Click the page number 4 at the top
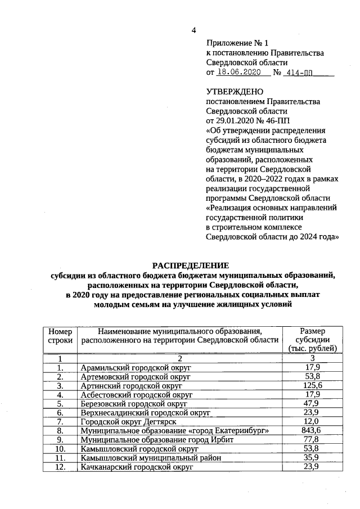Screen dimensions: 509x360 point(194,30)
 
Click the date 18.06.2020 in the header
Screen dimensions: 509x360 point(239,73)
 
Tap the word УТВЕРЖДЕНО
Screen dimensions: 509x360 point(235,92)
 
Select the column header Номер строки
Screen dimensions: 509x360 point(60,336)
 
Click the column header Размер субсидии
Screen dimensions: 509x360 point(312,340)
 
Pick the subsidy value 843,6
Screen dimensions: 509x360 point(312,430)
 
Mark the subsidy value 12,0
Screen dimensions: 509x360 point(312,421)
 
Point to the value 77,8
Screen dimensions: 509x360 point(312,439)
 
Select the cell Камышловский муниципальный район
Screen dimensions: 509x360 point(150,458)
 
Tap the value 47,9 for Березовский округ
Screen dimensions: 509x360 point(312,403)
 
